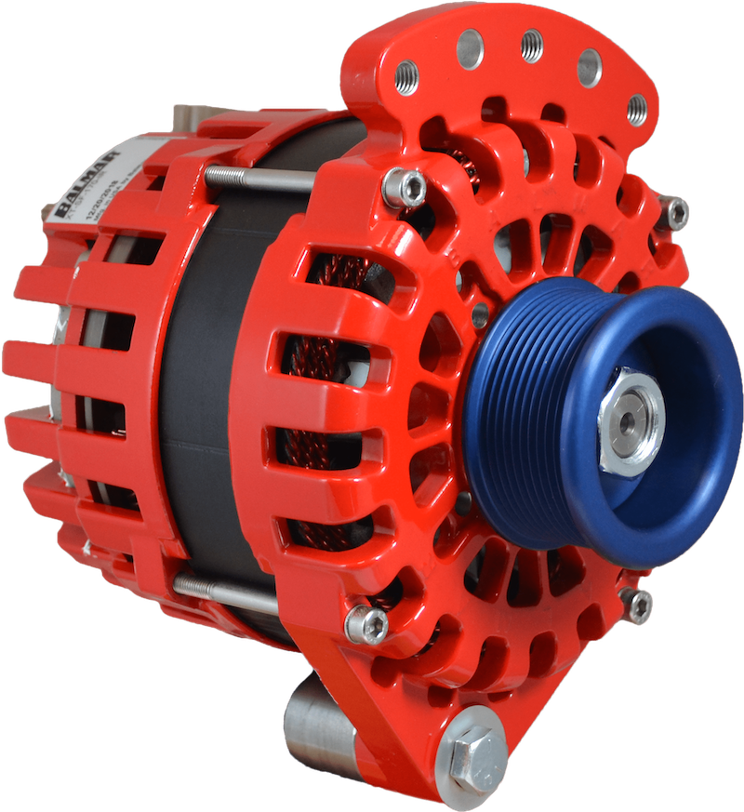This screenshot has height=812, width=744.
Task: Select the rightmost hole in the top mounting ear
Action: [637, 109]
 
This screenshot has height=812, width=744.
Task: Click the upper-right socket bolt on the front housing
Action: [672, 213]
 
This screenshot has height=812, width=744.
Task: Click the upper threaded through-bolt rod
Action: [260, 178]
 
